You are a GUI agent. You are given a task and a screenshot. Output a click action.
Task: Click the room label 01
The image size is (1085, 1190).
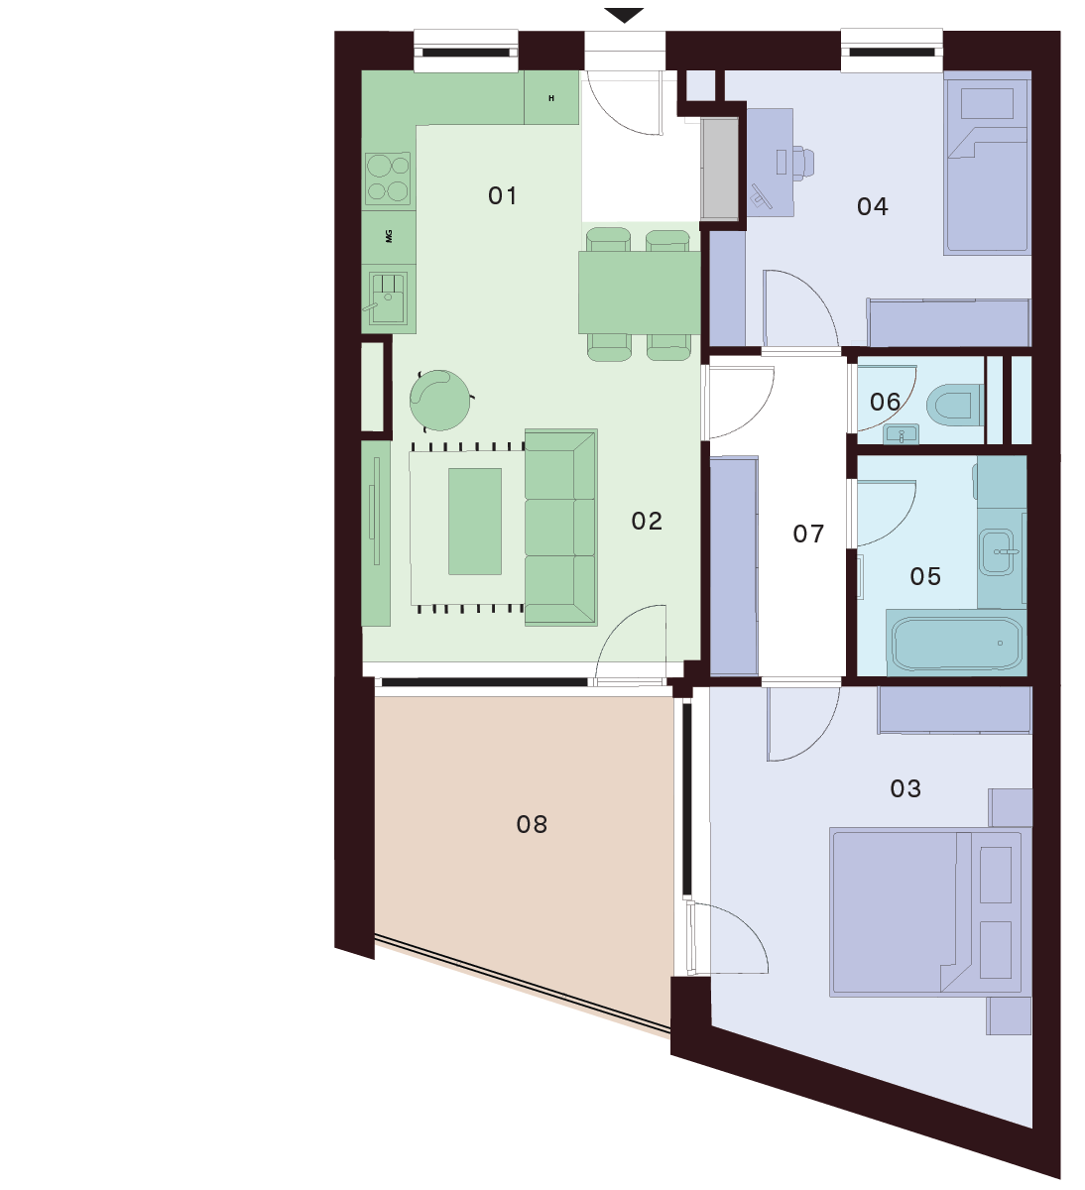coord(502,195)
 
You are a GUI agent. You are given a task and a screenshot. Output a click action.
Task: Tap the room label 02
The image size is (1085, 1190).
coord(647,522)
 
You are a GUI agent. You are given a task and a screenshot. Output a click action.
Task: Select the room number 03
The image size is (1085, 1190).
coord(905,789)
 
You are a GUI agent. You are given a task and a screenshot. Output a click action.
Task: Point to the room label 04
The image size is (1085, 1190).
coord(873,206)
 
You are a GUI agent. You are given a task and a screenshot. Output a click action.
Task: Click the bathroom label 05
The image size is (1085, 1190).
coord(925,576)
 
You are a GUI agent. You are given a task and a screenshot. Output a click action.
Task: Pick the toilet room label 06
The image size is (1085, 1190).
coord(885,403)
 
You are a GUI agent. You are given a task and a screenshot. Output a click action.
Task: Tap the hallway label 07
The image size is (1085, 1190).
coord(808,534)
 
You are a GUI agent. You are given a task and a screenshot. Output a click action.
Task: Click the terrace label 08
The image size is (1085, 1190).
coord(532,825)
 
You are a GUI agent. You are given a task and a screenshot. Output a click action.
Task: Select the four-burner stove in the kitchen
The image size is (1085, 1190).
coord(388,177)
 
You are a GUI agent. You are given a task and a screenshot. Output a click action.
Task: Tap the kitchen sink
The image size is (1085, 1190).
coord(388,297)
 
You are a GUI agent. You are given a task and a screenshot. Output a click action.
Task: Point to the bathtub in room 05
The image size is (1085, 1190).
coord(956,644)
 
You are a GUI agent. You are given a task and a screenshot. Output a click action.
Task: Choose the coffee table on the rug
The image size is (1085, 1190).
coord(475,522)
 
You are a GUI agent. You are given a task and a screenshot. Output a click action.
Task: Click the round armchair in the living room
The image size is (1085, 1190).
coord(439,400)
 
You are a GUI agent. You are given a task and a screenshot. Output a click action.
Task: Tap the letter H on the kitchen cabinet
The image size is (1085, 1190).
coord(551,98)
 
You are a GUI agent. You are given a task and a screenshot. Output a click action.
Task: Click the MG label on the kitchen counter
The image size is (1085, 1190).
coord(390,236)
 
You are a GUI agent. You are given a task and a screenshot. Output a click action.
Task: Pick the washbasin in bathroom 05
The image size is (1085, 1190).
coord(997,552)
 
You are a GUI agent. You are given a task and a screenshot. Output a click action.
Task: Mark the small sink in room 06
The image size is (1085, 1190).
coord(901,434)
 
